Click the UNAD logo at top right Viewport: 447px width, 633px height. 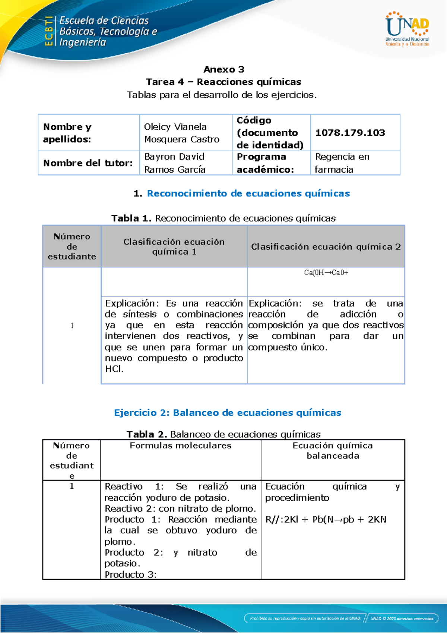click(407, 29)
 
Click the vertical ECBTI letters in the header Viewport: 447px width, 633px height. click(48, 31)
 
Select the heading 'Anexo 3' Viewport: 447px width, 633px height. click(223, 69)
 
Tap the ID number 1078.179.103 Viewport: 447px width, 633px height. click(350, 133)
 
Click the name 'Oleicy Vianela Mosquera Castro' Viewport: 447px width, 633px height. click(181, 133)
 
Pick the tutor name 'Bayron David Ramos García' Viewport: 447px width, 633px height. click(175, 163)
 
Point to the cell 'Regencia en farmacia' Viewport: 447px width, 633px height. click(342, 163)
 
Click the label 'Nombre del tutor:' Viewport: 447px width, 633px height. click(88, 163)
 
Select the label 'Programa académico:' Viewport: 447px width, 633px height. click(265, 163)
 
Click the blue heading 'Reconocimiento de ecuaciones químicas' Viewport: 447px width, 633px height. click(248, 193)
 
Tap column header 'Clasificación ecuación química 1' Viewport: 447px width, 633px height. click(174, 247)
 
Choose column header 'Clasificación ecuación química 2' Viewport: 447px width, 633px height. click(326, 247)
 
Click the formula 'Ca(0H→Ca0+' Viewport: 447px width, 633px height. click(326, 273)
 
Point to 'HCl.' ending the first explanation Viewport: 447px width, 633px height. click(114, 369)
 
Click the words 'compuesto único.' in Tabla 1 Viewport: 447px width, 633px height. click(288, 347)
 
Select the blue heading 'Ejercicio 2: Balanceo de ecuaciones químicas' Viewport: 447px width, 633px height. click(227, 413)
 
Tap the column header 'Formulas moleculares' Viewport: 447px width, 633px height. click(180, 445)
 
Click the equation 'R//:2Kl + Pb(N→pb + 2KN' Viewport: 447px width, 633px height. click(326, 520)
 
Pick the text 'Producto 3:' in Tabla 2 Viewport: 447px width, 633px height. click(130, 574)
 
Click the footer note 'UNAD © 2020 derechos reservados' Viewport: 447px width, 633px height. click(402, 618)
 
